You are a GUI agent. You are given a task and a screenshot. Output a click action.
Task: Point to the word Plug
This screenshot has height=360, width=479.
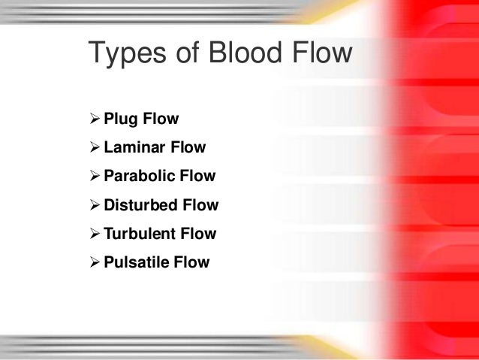tap(120, 119)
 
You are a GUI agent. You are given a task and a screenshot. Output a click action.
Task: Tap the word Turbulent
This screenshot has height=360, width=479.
tap(140, 234)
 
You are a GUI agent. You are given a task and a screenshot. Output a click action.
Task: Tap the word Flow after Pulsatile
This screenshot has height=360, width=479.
tap(192, 262)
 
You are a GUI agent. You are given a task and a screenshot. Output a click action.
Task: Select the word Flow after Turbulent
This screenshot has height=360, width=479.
tap(198, 234)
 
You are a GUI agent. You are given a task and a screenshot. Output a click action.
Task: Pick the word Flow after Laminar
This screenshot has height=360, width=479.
tap(188, 148)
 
